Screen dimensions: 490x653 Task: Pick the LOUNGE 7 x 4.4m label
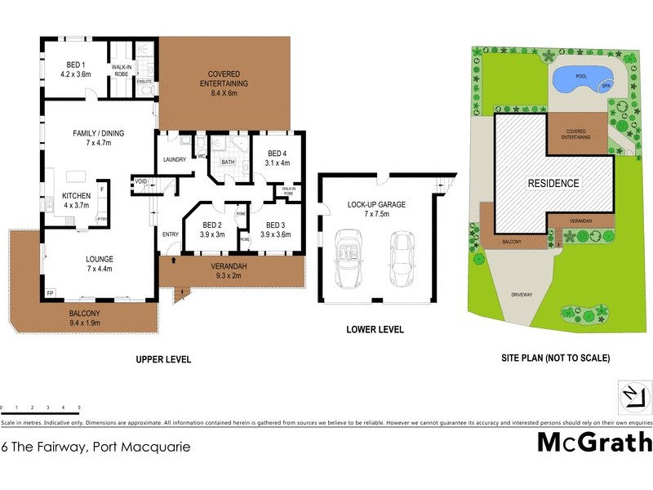(x=100, y=263)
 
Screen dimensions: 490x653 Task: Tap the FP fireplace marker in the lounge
(x=50, y=292)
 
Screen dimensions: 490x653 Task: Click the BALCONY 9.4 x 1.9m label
(x=84, y=318)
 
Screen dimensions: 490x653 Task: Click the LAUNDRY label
(x=175, y=159)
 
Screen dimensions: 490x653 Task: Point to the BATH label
(x=228, y=163)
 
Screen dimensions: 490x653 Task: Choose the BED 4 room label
(x=278, y=158)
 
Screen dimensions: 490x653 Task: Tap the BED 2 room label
(x=212, y=229)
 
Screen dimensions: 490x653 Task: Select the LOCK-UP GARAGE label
(x=376, y=209)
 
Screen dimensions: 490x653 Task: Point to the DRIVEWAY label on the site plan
(x=521, y=293)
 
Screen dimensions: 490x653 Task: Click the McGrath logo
(x=594, y=442)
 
